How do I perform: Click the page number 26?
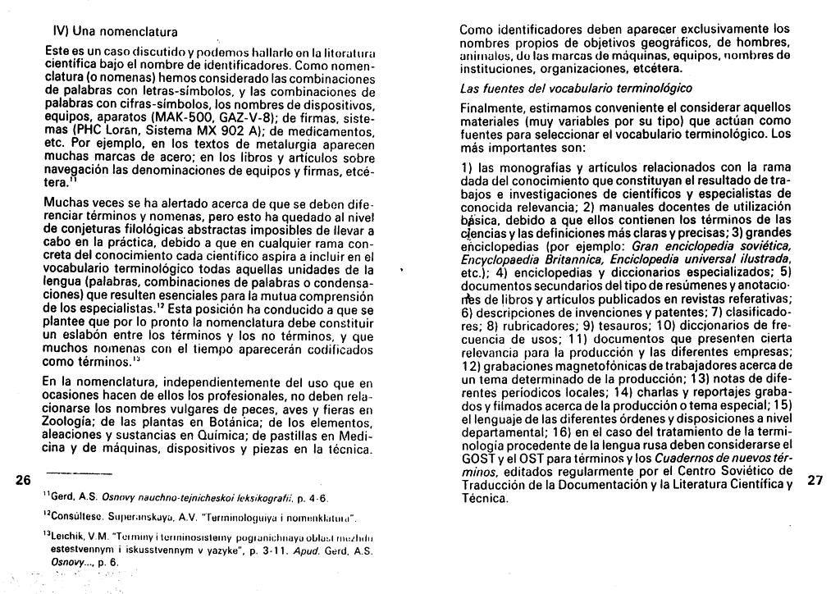pyautogui.click(x=23, y=480)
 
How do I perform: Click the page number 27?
pyautogui.click(x=815, y=481)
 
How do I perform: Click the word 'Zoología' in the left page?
pyautogui.click(x=71, y=423)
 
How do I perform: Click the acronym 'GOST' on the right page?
pyautogui.click(x=478, y=459)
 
